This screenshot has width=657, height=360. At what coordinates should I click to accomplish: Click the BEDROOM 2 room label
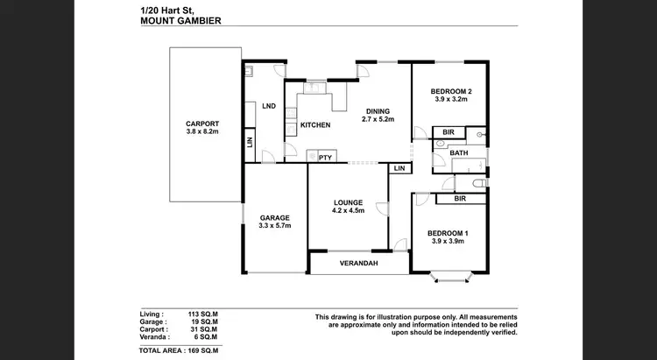(452, 90)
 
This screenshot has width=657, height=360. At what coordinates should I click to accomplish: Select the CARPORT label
(201, 124)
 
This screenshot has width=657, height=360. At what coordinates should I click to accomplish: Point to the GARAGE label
(274, 217)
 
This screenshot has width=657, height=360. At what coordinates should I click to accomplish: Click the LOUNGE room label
(348, 202)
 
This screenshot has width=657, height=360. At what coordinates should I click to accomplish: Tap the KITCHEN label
(315, 125)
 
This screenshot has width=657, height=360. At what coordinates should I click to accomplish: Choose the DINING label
(378, 110)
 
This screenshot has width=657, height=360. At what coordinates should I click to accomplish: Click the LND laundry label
(269, 106)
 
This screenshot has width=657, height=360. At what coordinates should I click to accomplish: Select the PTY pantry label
(325, 158)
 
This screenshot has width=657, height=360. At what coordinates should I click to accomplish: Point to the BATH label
(459, 153)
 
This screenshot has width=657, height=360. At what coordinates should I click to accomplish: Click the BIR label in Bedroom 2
(449, 132)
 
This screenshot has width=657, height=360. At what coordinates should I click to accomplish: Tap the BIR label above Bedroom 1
(459, 200)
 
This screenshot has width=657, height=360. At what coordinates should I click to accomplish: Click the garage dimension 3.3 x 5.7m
(274, 226)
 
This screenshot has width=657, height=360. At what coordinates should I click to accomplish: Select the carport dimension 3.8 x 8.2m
(201, 132)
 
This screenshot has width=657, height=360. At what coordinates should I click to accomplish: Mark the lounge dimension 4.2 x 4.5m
(348, 210)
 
